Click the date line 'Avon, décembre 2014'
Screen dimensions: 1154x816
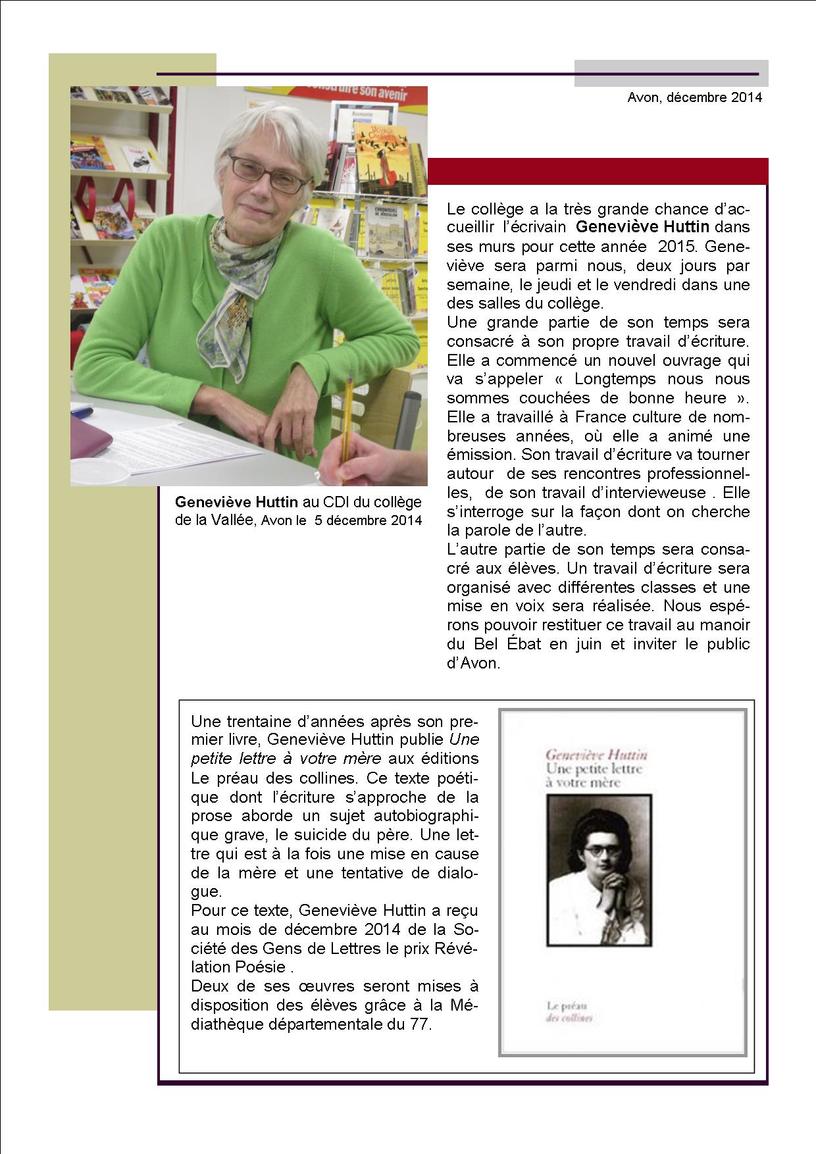(x=694, y=97)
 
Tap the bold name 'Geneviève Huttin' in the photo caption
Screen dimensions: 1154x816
(x=236, y=502)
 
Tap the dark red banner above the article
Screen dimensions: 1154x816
(x=598, y=170)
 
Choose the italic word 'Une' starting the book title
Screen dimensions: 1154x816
(x=465, y=740)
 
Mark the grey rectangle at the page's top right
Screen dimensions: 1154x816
(x=671, y=73)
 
